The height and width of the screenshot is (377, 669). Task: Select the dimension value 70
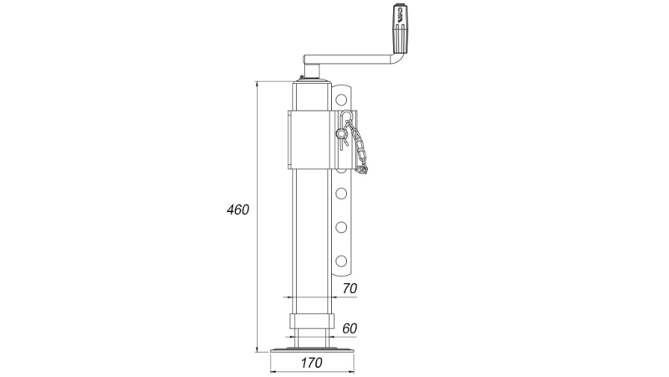350,288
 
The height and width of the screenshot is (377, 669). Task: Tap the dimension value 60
350,328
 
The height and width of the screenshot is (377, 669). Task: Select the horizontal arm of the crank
351,59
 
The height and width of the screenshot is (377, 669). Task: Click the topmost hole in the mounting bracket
342,100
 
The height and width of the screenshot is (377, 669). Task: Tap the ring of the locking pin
342,132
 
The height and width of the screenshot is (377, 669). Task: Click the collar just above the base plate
312,323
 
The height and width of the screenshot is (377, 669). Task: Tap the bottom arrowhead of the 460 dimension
258,347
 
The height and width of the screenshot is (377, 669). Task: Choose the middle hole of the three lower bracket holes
342,225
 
